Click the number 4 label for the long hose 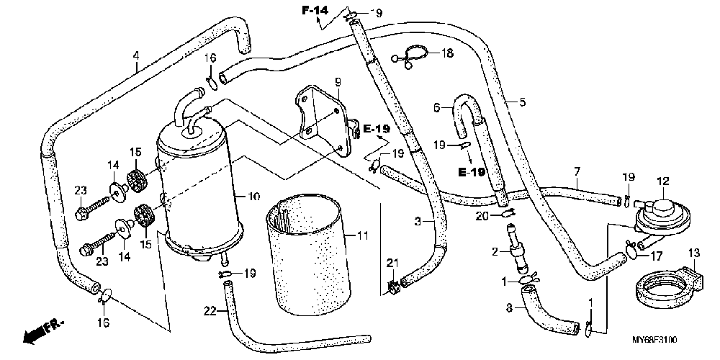pos(135,55)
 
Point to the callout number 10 pos(252,196)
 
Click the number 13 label pos(694,253)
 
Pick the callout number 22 pos(210,311)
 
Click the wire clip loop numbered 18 pos(413,55)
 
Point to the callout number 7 pos(577,171)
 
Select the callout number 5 pos(523,102)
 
